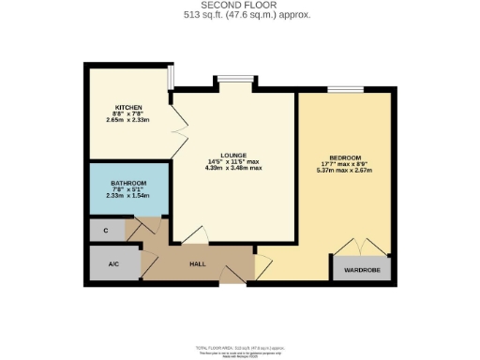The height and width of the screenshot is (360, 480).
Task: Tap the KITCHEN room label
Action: click(x=128, y=107)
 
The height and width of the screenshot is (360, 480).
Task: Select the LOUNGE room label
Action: click(x=233, y=154)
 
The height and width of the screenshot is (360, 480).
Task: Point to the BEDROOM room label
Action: click(x=344, y=157)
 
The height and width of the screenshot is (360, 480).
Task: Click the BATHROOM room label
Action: click(x=127, y=183)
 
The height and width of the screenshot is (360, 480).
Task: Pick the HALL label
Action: click(x=198, y=263)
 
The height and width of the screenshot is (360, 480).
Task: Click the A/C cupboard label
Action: click(x=113, y=263)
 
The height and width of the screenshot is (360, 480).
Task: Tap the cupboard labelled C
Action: click(x=106, y=228)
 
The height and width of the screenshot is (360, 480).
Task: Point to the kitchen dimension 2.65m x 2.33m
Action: click(x=128, y=120)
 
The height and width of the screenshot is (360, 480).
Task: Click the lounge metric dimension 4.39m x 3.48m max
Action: click(x=233, y=168)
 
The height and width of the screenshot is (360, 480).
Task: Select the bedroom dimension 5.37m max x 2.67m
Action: click(x=344, y=171)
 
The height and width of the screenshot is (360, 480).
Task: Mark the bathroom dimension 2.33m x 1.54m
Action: click(x=127, y=195)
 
